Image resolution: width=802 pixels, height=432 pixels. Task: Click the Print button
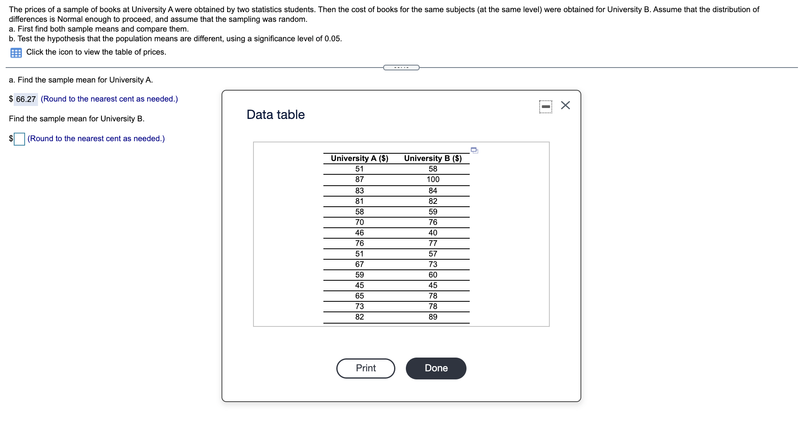pyautogui.click(x=365, y=368)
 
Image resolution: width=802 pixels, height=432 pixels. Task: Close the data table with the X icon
pyautogui.click(x=565, y=106)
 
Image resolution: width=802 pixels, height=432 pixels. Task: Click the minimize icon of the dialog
pyautogui.click(x=545, y=107)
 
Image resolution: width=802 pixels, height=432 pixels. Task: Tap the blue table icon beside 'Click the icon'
pyautogui.click(x=16, y=53)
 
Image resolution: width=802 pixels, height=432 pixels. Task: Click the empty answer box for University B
pyautogui.click(x=19, y=139)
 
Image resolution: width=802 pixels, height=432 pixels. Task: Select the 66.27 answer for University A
pyautogui.click(x=26, y=99)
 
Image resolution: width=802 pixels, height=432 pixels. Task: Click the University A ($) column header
pyautogui.click(x=359, y=158)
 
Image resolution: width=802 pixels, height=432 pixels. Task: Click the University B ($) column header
pyautogui.click(x=433, y=158)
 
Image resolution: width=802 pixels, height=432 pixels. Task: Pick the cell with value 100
pyautogui.click(x=433, y=179)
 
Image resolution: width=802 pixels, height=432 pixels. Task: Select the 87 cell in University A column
pyautogui.click(x=359, y=179)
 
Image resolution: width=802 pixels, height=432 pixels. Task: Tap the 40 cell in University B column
pyautogui.click(x=433, y=233)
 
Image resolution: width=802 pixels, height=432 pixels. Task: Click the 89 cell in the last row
pyautogui.click(x=433, y=317)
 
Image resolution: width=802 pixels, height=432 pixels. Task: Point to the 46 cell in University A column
pyautogui.click(x=359, y=233)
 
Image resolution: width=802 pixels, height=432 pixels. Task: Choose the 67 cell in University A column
pyautogui.click(x=359, y=264)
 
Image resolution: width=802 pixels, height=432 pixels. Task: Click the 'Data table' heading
pyautogui.click(x=275, y=114)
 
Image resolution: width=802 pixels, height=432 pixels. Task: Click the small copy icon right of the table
pyautogui.click(x=474, y=150)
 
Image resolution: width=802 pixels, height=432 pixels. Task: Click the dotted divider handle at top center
pyautogui.click(x=401, y=68)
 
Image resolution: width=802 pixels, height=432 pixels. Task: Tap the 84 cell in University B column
pyautogui.click(x=433, y=191)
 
